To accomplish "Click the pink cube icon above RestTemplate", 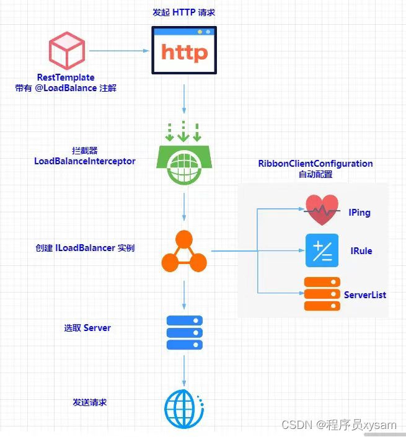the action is [67, 50].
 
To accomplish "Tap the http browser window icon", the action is [184, 50].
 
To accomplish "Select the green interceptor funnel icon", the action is [184, 154].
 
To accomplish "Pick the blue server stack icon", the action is [185, 332].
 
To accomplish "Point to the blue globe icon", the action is [184, 409].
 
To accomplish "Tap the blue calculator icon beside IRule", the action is [322, 250].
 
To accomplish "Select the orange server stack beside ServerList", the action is [322, 294].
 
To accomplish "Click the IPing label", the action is [360, 213].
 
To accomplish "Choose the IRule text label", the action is [361, 251].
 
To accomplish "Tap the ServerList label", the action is [365, 295].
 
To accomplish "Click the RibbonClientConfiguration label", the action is [316, 164].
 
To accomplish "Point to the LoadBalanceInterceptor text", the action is [85, 161].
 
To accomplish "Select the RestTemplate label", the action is [66, 77].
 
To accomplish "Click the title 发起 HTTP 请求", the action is [184, 12].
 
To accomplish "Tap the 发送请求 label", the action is [90, 402].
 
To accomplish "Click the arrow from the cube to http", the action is [119, 51].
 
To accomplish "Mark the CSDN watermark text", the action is [339, 425].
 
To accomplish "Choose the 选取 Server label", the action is [87, 328].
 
